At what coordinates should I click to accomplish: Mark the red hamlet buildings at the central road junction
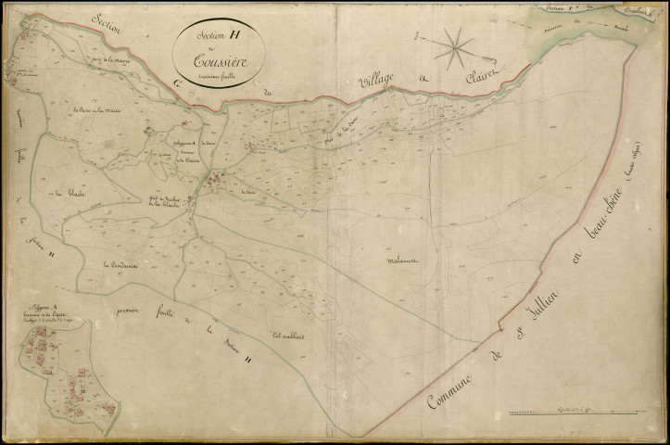point(214,178)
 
